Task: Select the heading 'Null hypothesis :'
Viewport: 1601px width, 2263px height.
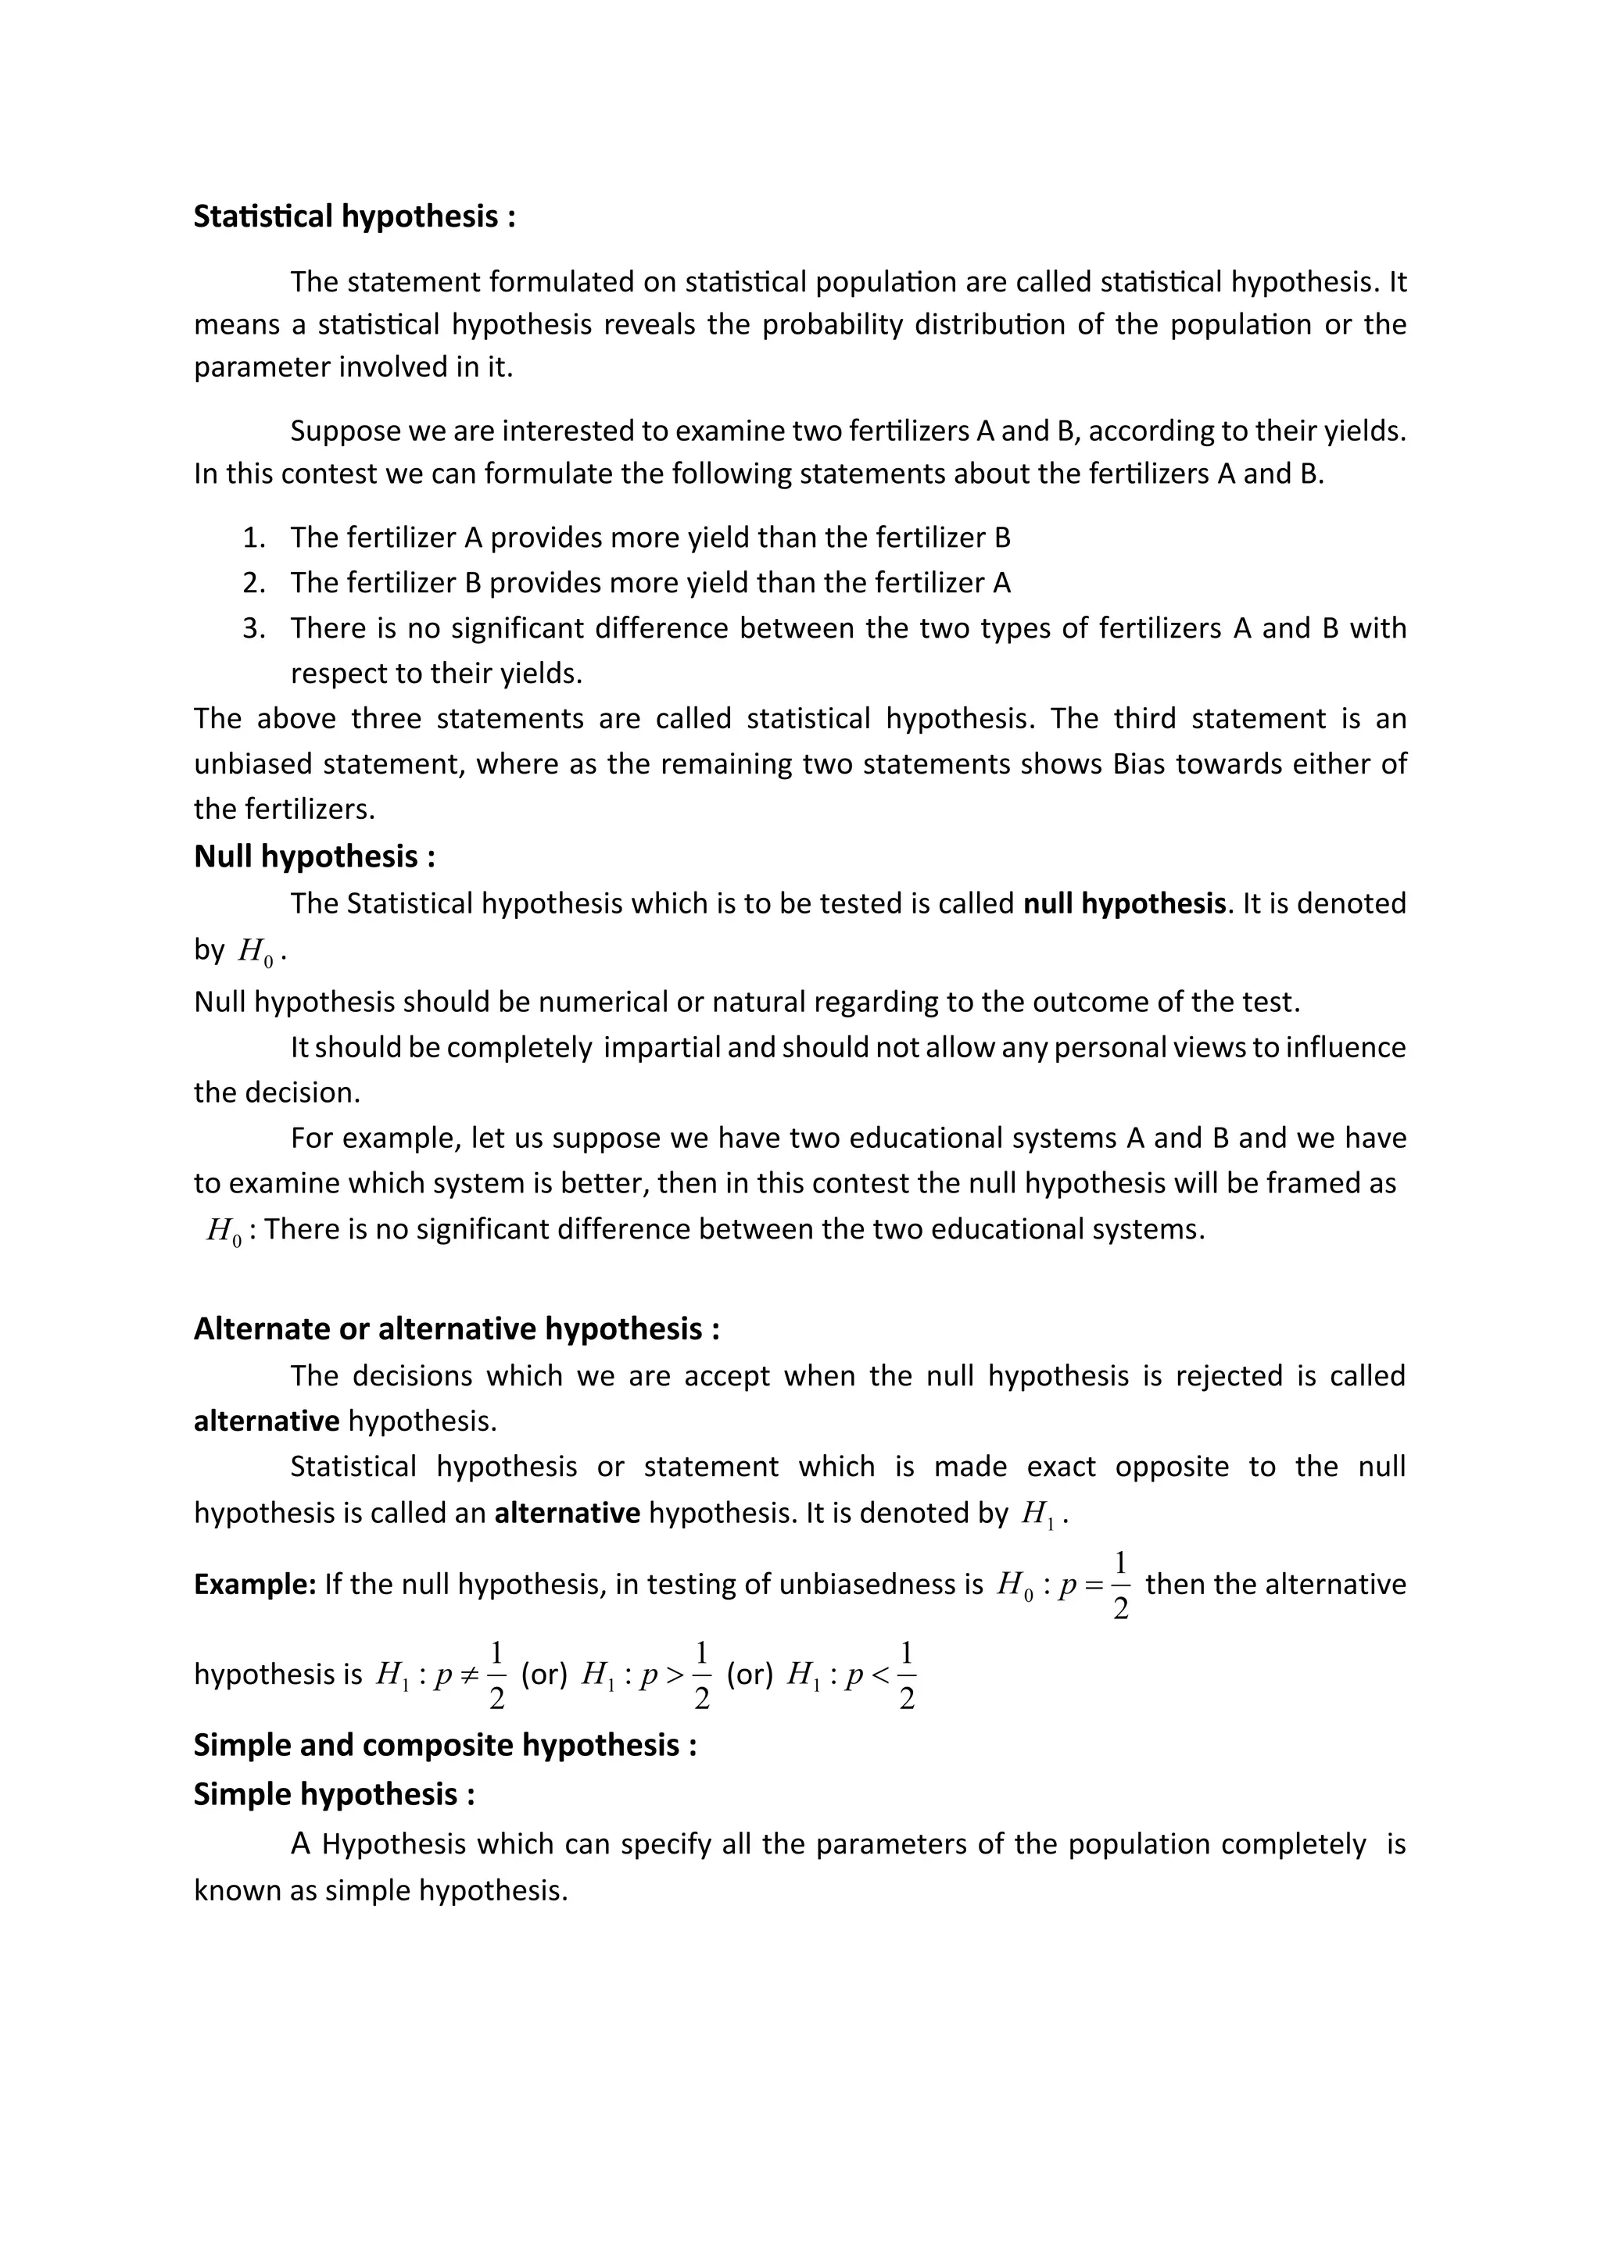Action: pyautogui.click(x=314, y=856)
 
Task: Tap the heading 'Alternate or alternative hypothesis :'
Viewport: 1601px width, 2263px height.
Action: pyautogui.click(x=457, y=1328)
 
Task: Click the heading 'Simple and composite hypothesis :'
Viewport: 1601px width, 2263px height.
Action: pyautogui.click(x=446, y=1745)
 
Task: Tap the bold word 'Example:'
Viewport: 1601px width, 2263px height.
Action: pyautogui.click(x=254, y=1584)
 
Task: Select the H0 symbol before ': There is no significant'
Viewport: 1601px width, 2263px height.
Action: pyautogui.click(x=225, y=1231)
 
